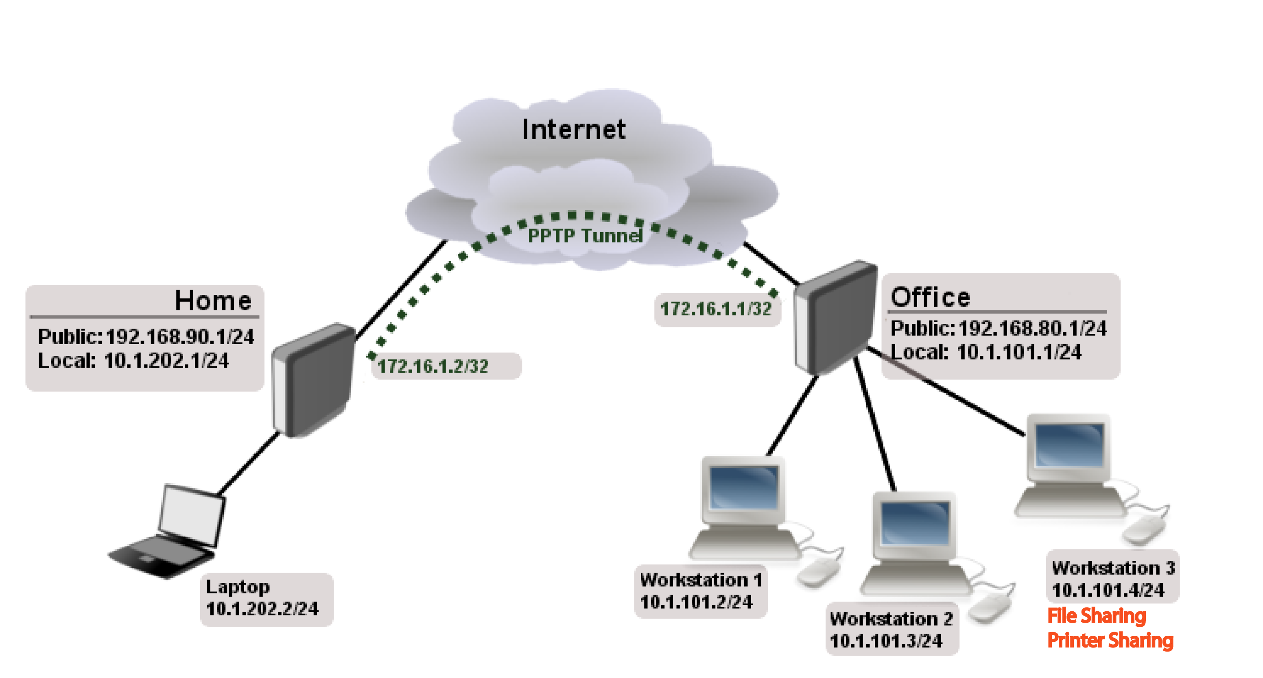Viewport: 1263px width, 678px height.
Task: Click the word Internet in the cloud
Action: click(x=573, y=130)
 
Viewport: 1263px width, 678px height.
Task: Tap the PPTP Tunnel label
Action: click(x=584, y=236)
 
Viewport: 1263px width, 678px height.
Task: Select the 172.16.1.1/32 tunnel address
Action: click(x=715, y=309)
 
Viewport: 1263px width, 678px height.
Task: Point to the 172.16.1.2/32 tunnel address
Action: click(x=433, y=366)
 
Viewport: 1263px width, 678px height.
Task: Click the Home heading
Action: click(x=213, y=301)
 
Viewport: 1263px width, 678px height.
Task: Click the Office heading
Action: click(x=930, y=297)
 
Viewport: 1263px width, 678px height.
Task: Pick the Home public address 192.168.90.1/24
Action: click(x=179, y=337)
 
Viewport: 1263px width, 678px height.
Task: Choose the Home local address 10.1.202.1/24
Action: click(x=166, y=361)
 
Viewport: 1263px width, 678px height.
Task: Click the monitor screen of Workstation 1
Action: click(x=743, y=487)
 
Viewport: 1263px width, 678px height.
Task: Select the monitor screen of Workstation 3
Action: click(x=1069, y=445)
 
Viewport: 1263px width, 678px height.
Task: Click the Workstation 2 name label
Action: click(x=891, y=619)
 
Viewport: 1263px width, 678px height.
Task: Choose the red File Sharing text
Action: click(x=1096, y=616)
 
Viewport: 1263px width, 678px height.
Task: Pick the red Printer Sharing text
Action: click(x=1110, y=640)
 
